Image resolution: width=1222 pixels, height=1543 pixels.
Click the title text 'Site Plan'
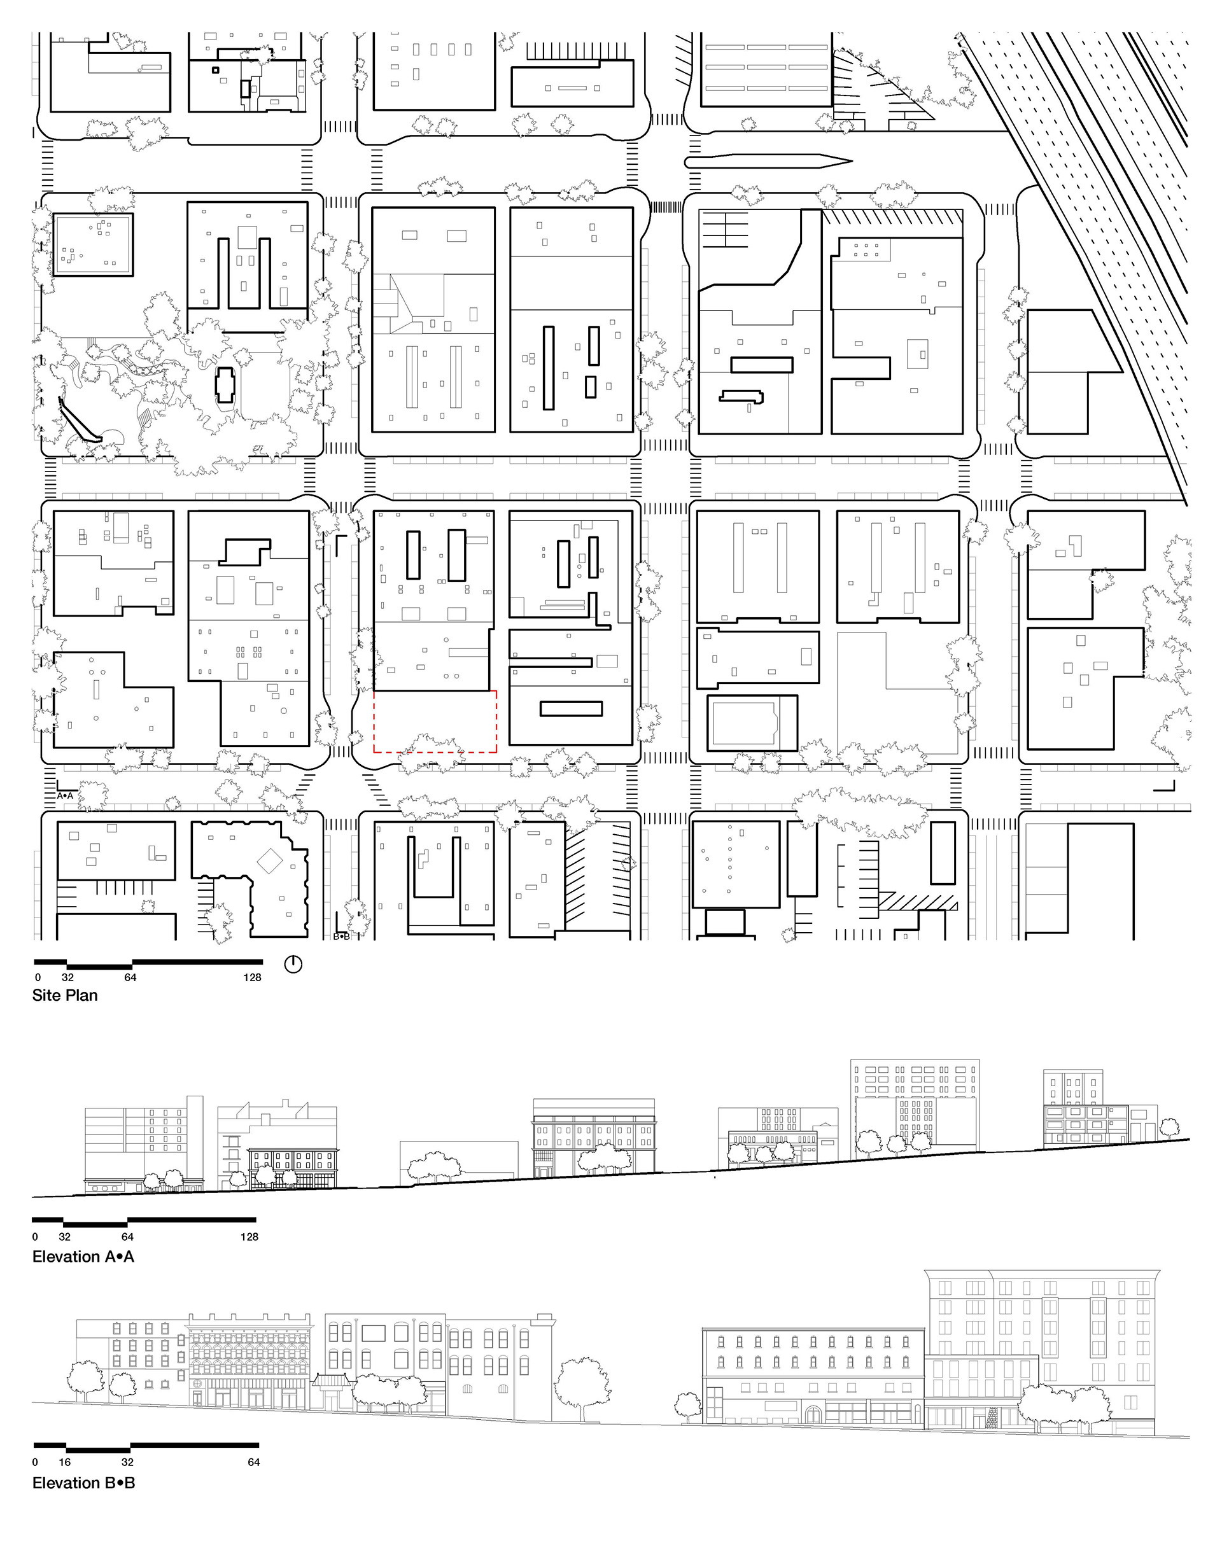coord(64,995)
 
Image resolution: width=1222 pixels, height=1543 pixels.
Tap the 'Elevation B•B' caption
coord(84,1483)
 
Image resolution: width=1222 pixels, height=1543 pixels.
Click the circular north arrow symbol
coord(293,964)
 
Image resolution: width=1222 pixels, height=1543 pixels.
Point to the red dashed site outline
coord(435,752)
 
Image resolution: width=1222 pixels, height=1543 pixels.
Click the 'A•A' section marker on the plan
coord(65,795)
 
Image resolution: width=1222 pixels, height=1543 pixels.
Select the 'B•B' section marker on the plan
coord(342,937)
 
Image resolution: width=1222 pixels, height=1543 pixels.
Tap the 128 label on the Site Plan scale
coord(252,977)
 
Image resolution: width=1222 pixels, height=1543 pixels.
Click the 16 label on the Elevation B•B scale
coord(64,1462)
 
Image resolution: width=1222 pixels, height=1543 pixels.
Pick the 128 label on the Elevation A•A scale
coord(249,1237)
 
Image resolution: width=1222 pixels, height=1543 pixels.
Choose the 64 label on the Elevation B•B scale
coord(254,1462)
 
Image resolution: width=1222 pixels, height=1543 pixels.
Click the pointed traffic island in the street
coord(768,162)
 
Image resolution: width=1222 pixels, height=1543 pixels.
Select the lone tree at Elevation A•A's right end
coord(1169,1129)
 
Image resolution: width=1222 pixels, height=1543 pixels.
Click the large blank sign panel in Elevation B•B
coord(374,1334)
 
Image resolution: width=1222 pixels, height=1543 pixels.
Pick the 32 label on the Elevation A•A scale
coord(64,1237)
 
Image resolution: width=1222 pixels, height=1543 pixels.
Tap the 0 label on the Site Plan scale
coord(38,977)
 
